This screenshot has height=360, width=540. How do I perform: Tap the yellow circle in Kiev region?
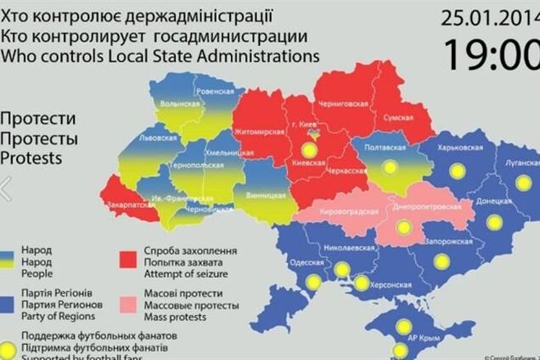(x=310, y=151)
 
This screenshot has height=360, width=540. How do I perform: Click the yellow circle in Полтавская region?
(x=390, y=168)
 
